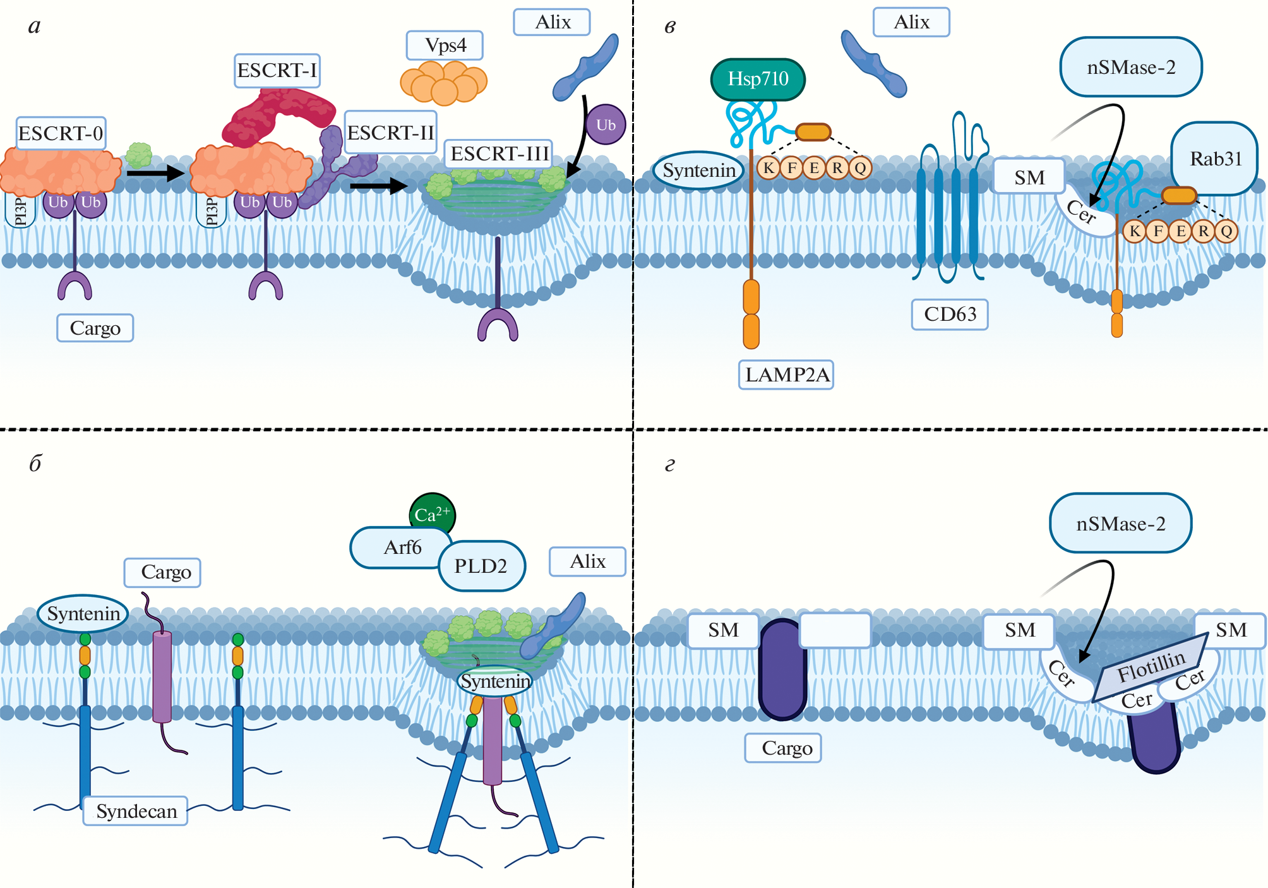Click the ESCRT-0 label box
click(x=61, y=133)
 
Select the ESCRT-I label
click(x=277, y=70)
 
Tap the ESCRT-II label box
click(x=391, y=133)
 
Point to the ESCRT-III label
click(x=499, y=153)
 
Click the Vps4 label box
click(x=445, y=45)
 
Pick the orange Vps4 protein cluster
click(x=444, y=83)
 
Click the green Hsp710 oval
click(x=758, y=79)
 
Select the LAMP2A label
click(x=786, y=375)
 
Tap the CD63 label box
click(x=950, y=314)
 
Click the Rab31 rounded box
click(x=1215, y=159)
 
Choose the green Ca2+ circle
click(x=433, y=514)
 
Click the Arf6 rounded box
click(x=402, y=547)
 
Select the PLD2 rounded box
click(x=481, y=566)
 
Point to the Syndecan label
click(x=136, y=811)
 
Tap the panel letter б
click(x=35, y=464)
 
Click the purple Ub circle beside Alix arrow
click(x=606, y=125)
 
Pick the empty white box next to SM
click(x=835, y=630)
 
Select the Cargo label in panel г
click(x=783, y=748)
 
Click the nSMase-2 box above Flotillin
click(x=1120, y=524)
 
